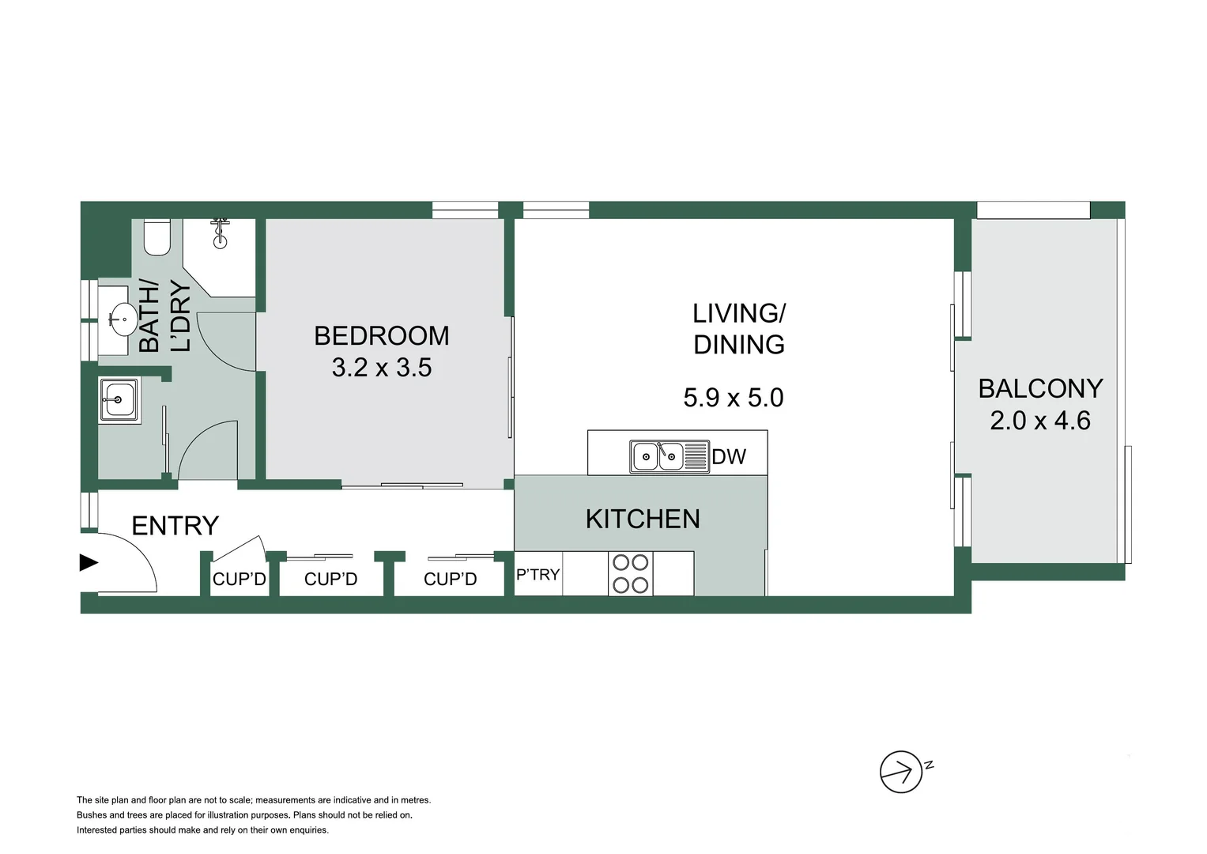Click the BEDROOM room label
(381, 336)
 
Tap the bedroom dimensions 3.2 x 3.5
(381, 368)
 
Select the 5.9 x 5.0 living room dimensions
(733, 397)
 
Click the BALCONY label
(1039, 388)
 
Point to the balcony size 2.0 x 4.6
(1039, 421)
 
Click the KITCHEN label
(642, 519)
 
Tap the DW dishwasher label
(728, 457)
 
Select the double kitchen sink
(658, 456)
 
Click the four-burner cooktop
(630, 574)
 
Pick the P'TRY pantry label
(537, 575)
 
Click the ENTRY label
(175, 526)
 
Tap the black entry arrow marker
(88, 563)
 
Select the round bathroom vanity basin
(121, 320)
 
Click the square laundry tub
(119, 400)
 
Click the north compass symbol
(901, 772)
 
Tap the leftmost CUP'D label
(239, 580)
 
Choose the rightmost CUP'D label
(450, 580)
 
